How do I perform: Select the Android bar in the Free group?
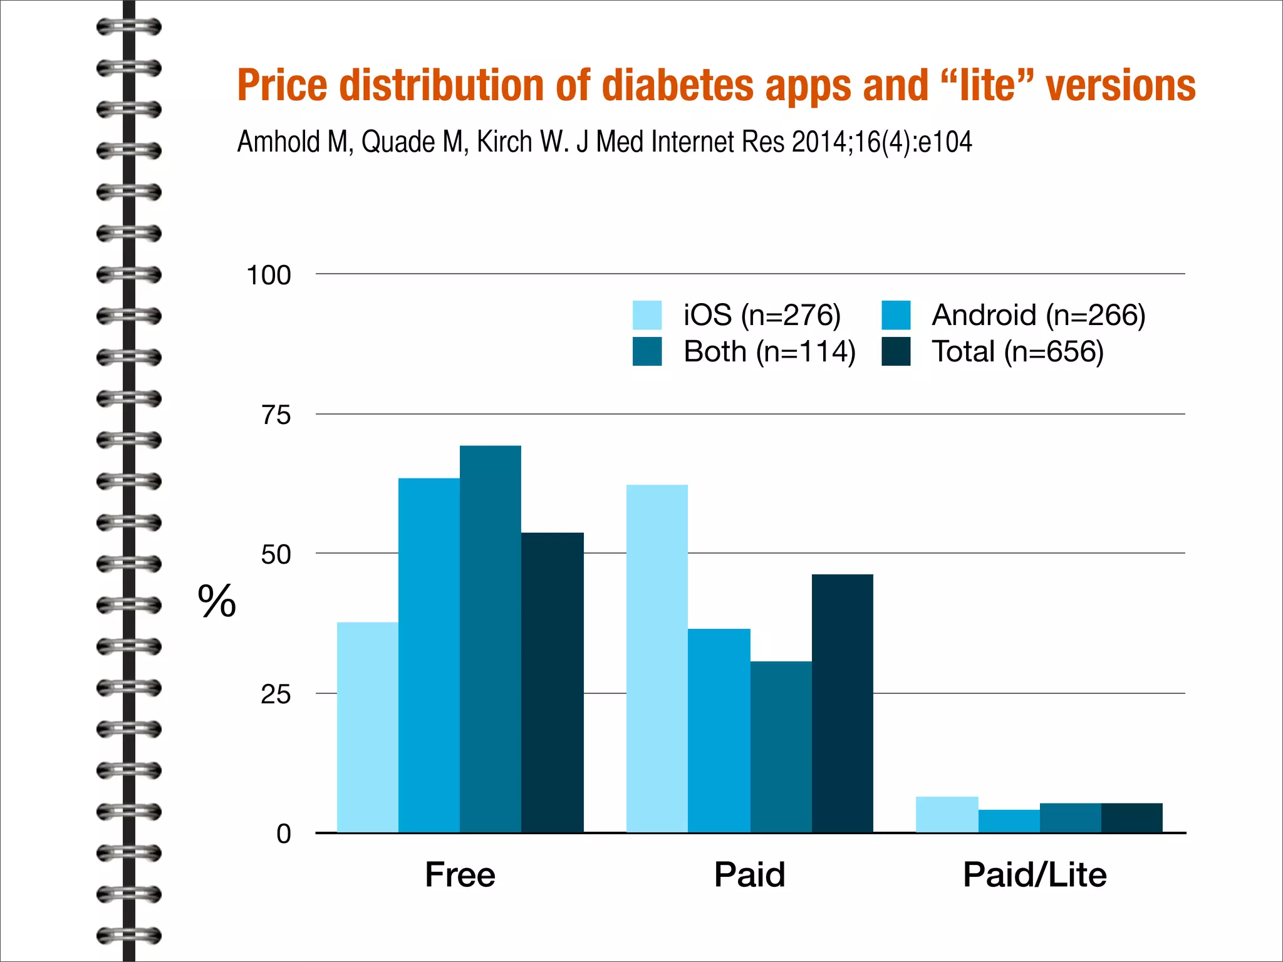click(429, 654)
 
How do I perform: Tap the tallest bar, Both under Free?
click(491, 639)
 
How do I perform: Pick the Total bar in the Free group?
click(552, 683)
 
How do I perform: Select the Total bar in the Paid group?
click(842, 703)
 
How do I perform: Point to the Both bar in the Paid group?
click(781, 747)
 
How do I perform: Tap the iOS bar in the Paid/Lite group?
click(947, 814)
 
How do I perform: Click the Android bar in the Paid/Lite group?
click(1009, 821)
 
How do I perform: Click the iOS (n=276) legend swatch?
click(647, 315)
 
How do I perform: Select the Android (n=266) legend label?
click(1038, 315)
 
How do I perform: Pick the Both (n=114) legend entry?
click(769, 351)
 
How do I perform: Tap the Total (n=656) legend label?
click(1017, 351)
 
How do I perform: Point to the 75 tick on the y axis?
click(276, 415)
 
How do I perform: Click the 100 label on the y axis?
click(269, 276)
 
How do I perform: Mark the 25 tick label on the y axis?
click(276, 694)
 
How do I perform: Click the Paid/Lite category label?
click(1034, 874)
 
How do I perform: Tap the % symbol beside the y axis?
click(217, 601)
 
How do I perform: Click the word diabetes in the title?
click(678, 86)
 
